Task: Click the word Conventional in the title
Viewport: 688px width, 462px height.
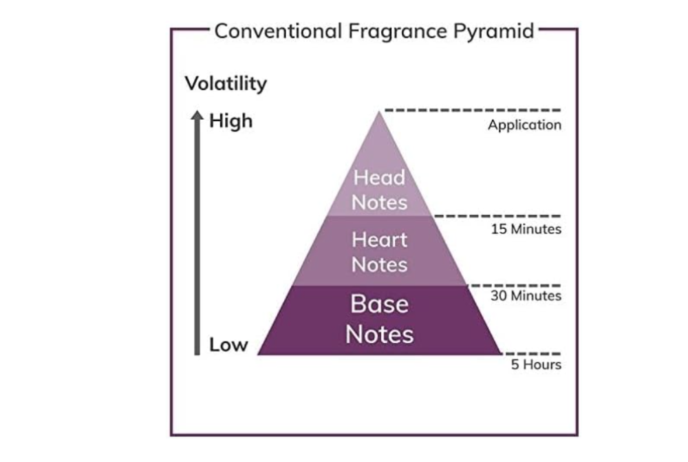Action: tap(278, 31)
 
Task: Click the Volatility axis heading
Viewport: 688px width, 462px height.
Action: tap(226, 83)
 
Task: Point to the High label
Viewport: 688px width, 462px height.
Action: tap(230, 121)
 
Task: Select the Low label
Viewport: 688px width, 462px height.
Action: tap(228, 345)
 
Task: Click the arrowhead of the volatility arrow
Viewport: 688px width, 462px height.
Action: tap(197, 115)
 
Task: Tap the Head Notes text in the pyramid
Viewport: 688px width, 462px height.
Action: tap(380, 190)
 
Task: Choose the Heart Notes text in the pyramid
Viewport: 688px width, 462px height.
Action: tap(380, 252)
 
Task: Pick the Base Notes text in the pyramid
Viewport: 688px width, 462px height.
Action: tap(380, 319)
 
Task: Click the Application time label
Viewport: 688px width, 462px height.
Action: tap(524, 125)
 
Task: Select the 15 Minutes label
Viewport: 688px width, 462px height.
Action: tap(526, 229)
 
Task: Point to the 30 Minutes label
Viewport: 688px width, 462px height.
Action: tap(526, 295)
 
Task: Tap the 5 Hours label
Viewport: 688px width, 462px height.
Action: tap(536, 364)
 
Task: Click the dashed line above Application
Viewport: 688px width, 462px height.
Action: tap(473, 109)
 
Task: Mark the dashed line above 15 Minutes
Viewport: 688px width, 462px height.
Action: tap(497, 216)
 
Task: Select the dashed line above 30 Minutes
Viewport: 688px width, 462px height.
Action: tap(515, 286)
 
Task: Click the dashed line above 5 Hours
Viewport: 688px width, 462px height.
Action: tap(531, 353)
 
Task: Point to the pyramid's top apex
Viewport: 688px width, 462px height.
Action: tap(379, 112)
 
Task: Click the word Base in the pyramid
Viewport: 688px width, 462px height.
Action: tap(380, 304)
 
